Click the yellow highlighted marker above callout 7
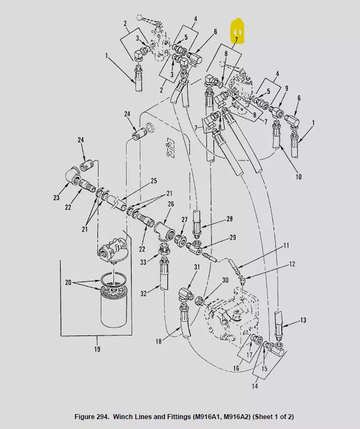[x=237, y=31]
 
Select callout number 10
[x=299, y=177]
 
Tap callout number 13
[x=302, y=321]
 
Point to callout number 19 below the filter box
[x=98, y=349]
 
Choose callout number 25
[x=154, y=181]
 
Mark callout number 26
[x=170, y=204]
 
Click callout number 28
[x=212, y=219]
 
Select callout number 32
[x=144, y=294]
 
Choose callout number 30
[x=226, y=279]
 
